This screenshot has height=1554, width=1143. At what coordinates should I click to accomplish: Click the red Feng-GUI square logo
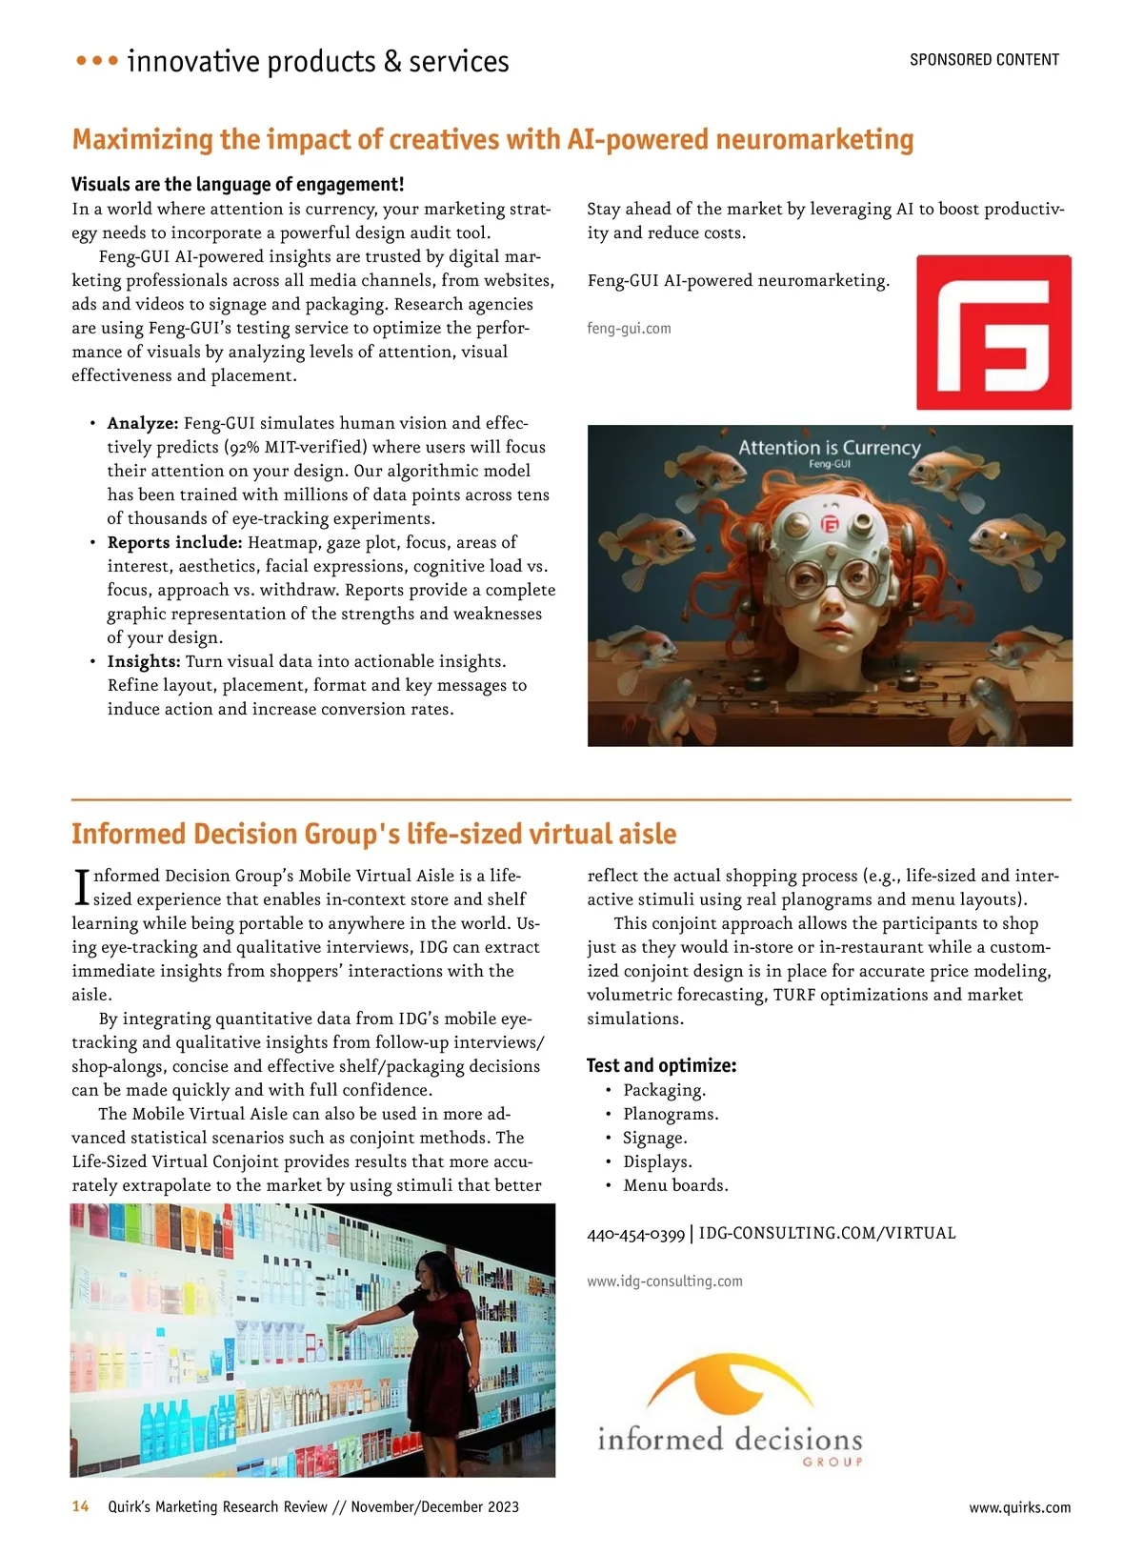(x=993, y=332)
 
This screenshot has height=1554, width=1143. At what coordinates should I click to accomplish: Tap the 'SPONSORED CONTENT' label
(x=984, y=60)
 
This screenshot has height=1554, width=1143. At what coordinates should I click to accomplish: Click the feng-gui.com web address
(x=629, y=329)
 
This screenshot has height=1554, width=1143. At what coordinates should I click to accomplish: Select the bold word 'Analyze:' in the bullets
(x=143, y=423)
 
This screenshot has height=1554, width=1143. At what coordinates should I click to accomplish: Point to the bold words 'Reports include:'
(x=175, y=542)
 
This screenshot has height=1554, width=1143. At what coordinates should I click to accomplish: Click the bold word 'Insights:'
(x=144, y=661)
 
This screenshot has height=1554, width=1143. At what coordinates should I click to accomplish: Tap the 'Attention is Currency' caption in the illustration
(x=830, y=448)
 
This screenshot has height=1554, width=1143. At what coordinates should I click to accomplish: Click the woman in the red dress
(x=438, y=1353)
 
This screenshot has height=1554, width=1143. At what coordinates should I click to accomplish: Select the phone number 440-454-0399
(x=635, y=1234)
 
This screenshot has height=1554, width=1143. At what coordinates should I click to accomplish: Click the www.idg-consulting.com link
(x=665, y=1282)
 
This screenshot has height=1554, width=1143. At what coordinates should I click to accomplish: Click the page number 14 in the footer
(x=81, y=1506)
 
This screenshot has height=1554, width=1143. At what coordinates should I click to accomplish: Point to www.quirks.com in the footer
(x=1019, y=1507)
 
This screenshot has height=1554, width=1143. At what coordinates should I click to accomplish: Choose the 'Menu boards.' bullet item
(x=675, y=1185)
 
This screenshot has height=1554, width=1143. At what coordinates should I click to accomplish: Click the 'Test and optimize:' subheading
(x=661, y=1065)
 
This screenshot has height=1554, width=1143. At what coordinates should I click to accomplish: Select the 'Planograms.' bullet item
(x=671, y=1114)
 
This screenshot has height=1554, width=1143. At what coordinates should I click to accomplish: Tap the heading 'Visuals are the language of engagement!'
(x=238, y=184)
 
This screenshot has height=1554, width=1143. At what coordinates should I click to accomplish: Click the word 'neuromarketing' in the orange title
(x=814, y=140)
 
